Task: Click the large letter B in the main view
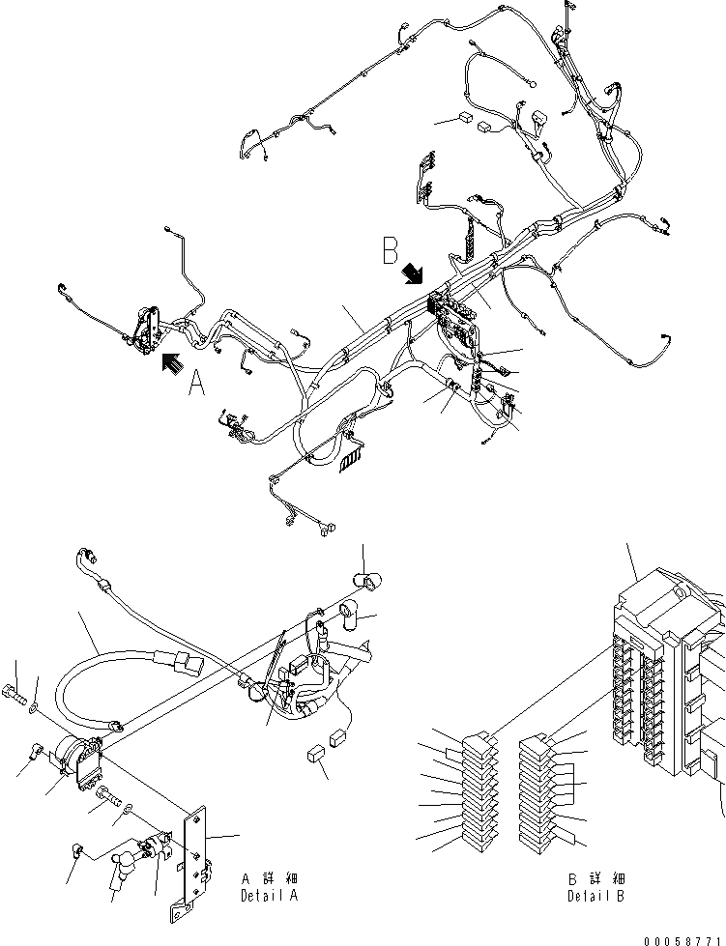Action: coord(391,252)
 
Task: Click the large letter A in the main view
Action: coord(196,386)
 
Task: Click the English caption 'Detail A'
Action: coord(270,896)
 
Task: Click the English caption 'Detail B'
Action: coord(596,896)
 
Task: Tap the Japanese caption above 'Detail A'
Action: coord(270,879)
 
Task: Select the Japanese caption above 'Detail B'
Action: coord(596,879)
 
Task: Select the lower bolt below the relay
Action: coord(107,794)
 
